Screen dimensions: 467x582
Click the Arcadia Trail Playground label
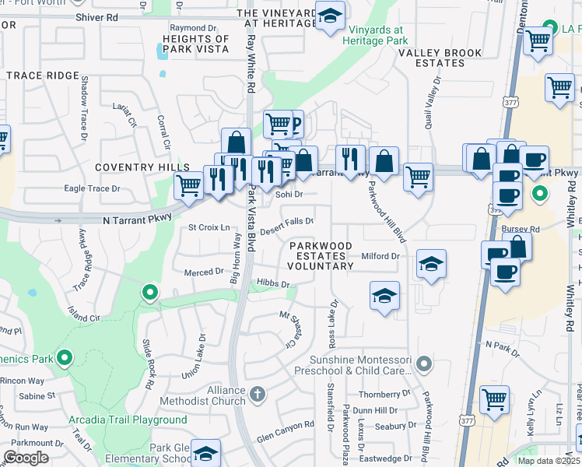pyautogui.click(x=127, y=420)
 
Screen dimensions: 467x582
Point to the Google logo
pyautogui.click(x=26, y=458)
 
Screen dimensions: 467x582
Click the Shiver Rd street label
pyautogui.click(x=96, y=17)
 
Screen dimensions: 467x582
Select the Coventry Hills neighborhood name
pyautogui.click(x=142, y=167)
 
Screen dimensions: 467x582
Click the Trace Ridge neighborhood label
pyautogui.click(x=43, y=75)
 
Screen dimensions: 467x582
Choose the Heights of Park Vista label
pyautogui.click(x=190, y=44)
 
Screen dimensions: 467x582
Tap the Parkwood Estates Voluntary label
pyautogui.click(x=321, y=255)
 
